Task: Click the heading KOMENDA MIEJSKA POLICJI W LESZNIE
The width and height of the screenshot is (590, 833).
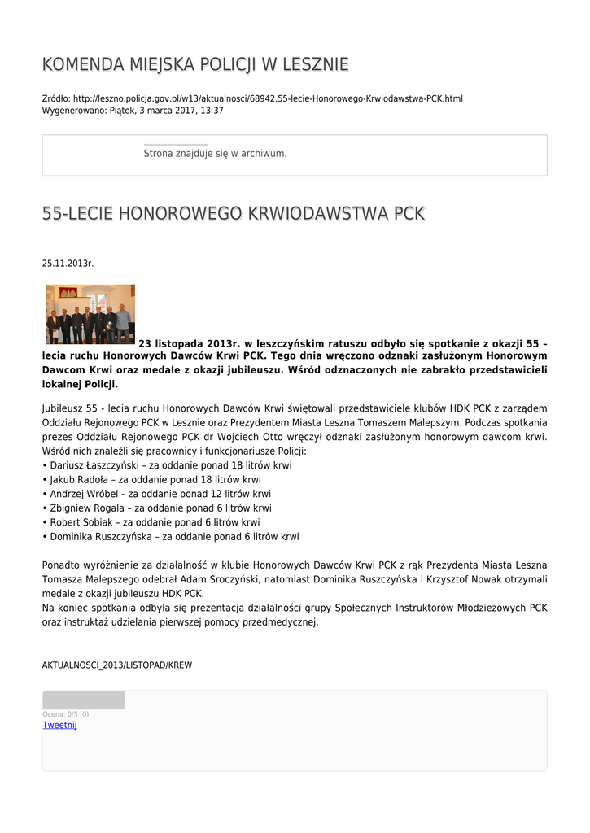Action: pos(195,64)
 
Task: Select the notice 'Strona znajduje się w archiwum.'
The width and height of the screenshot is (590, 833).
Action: pos(215,153)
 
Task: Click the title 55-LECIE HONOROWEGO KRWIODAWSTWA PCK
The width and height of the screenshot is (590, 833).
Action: pos(234,214)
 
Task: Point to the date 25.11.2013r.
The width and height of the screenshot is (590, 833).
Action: pos(68,264)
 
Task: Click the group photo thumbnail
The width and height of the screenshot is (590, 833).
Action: pos(90,314)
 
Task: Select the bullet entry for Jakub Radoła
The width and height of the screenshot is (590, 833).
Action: pos(80,480)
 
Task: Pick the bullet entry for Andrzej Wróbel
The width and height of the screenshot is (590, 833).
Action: pos(84,494)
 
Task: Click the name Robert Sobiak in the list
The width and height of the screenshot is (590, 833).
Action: pos(81,522)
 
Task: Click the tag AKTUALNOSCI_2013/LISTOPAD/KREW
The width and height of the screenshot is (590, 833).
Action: pos(117,665)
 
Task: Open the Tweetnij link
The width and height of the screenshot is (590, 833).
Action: pos(59,725)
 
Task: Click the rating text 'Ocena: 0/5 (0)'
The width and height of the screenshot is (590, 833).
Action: pos(66,714)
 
